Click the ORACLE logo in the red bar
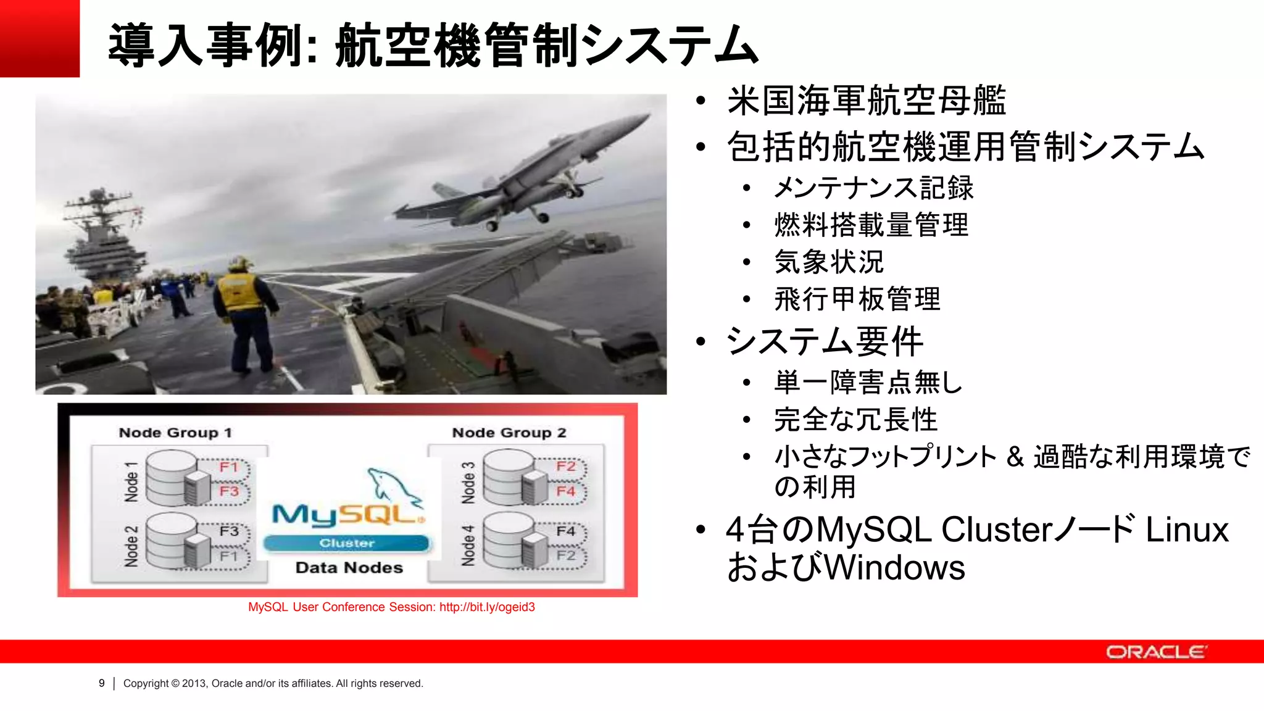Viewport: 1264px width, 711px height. (x=1155, y=652)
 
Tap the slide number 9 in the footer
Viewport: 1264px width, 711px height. (x=102, y=683)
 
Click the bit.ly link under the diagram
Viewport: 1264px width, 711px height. (x=487, y=607)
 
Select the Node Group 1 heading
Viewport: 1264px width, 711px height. (x=175, y=433)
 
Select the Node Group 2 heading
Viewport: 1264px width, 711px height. (x=509, y=433)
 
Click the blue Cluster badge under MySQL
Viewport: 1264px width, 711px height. (x=346, y=543)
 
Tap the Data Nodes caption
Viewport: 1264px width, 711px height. (x=349, y=568)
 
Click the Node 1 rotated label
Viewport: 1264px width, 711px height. (x=131, y=481)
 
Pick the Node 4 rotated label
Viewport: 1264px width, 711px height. (x=468, y=546)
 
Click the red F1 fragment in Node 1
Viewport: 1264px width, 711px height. (x=229, y=467)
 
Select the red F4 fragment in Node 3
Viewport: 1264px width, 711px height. (x=565, y=491)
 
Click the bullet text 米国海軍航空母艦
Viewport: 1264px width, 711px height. (x=867, y=101)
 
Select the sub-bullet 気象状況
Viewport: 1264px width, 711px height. (x=829, y=262)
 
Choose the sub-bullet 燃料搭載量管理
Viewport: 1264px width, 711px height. (x=871, y=225)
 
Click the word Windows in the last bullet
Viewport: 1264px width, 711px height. (x=894, y=568)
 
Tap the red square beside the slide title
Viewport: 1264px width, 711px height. (x=39, y=38)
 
